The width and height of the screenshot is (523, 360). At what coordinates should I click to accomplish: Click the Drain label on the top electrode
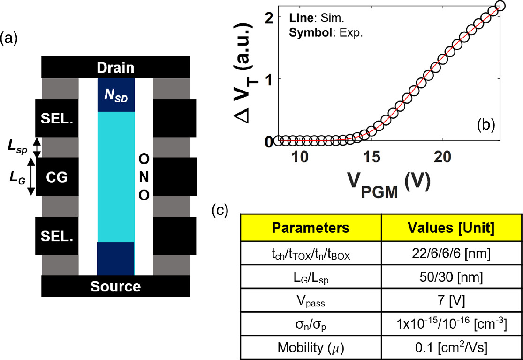[x=115, y=68]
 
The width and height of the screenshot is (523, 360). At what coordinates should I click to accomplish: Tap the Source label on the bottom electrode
[x=115, y=286]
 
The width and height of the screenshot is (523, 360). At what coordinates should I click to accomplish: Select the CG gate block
[x=57, y=177]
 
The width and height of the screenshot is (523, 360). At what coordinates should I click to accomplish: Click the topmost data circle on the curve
[x=500, y=6]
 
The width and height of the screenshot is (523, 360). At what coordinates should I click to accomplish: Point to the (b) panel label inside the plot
[x=485, y=125]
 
